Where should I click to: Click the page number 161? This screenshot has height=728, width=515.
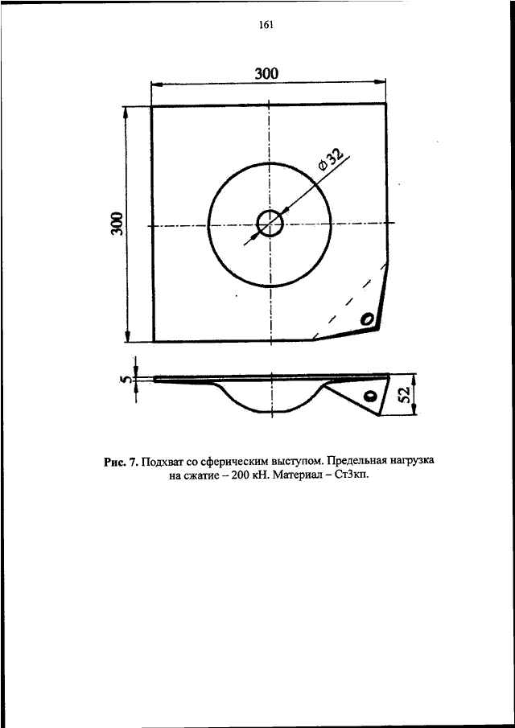265,25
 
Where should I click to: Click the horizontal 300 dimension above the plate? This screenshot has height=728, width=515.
266,73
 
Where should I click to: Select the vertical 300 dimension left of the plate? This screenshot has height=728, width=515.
119,224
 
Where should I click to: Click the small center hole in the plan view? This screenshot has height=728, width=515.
270,224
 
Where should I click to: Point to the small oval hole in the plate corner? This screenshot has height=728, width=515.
367,319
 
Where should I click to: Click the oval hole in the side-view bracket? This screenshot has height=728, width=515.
370,396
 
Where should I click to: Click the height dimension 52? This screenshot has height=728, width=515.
405,395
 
